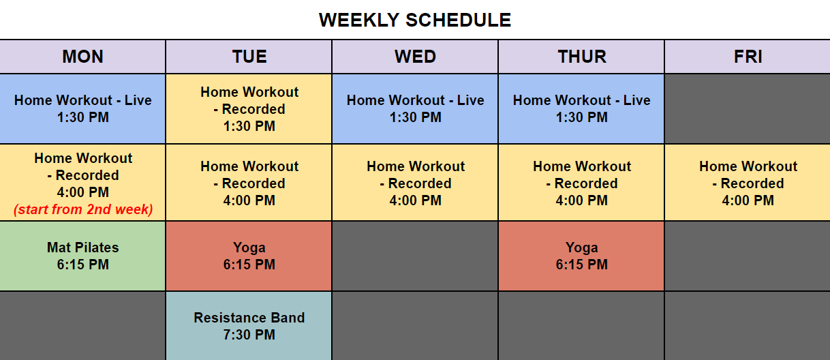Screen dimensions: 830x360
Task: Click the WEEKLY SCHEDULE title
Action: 415,20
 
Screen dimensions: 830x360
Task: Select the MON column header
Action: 82,57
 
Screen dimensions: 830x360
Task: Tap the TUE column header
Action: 249,57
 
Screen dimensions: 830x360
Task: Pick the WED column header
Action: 415,57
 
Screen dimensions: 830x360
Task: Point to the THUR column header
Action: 581,57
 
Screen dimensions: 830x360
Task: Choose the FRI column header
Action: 748,57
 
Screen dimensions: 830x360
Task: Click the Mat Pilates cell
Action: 82,256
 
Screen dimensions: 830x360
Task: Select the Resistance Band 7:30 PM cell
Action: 249,326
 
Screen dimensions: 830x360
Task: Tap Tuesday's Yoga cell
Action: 249,256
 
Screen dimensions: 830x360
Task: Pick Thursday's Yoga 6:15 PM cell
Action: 581,256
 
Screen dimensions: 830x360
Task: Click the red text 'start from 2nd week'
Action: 83,209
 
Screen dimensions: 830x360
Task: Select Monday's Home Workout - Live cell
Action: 82,108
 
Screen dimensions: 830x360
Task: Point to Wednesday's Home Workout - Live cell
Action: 415,108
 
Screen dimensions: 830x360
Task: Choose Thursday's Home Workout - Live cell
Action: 581,108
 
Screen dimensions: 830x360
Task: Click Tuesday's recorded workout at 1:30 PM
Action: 249,108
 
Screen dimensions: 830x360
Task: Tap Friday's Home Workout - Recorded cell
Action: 748,183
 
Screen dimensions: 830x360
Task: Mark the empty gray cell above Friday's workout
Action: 748,108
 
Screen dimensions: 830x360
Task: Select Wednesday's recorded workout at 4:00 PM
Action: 415,183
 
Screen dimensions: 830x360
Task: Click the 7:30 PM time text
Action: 249,335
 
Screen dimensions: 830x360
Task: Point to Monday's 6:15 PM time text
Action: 82,265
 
